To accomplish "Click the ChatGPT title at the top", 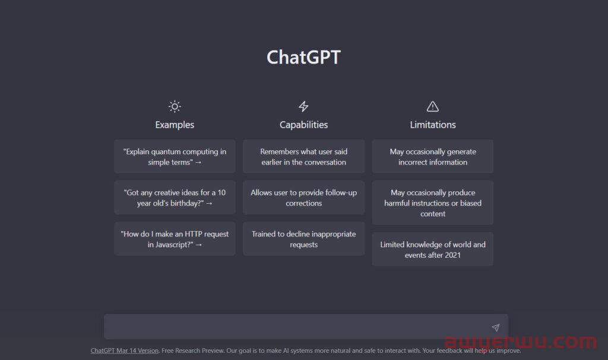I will tap(303, 58).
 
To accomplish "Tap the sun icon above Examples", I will tap(175, 106).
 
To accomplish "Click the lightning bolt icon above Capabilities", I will tap(303, 106).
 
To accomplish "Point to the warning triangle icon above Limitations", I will tap(433, 106).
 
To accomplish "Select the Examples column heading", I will tap(175, 125).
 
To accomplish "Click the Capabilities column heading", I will tap(303, 125).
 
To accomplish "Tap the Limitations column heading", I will tap(433, 125).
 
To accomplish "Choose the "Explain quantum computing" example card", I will tap(175, 157).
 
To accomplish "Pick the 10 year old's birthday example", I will tap(175, 198).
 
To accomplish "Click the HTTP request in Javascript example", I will tap(175, 239).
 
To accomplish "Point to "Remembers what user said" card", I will tap(303, 157).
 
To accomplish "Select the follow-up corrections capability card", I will tap(303, 198).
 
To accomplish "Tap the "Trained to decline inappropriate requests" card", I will tap(303, 239).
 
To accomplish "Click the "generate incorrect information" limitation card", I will tap(433, 157).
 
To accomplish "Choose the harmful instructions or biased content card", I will tap(433, 203).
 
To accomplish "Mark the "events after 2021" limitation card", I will tap(433, 250).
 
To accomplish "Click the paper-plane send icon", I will tap(495, 327).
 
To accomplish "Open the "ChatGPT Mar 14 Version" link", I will tap(125, 350).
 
